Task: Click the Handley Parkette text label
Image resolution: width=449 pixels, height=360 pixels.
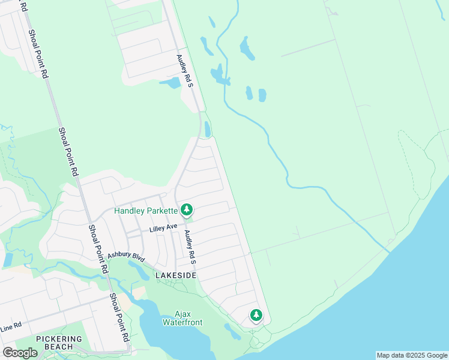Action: (x=146, y=211)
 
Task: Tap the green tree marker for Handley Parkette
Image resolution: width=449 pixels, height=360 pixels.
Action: (x=187, y=209)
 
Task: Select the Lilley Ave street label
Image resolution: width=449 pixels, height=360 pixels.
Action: (x=163, y=227)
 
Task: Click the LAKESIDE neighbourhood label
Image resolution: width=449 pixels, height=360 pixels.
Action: (x=176, y=275)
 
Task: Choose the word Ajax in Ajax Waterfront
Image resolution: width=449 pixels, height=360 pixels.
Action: (x=182, y=314)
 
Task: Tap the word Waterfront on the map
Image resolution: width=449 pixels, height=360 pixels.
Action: (x=182, y=322)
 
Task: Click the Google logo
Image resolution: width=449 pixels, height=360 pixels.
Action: (x=20, y=352)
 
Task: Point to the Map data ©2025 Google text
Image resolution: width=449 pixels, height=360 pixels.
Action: (x=412, y=355)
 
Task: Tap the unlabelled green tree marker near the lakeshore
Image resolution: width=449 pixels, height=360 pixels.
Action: (x=256, y=314)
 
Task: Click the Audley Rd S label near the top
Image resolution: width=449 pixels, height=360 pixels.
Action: (x=184, y=71)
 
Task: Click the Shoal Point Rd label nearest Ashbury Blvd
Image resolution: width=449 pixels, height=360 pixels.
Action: (x=97, y=249)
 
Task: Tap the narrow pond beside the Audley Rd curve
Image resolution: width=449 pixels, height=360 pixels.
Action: (x=208, y=129)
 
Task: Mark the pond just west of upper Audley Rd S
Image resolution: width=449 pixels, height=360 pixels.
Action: (x=170, y=83)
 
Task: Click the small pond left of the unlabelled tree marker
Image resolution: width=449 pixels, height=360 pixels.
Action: (x=232, y=330)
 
